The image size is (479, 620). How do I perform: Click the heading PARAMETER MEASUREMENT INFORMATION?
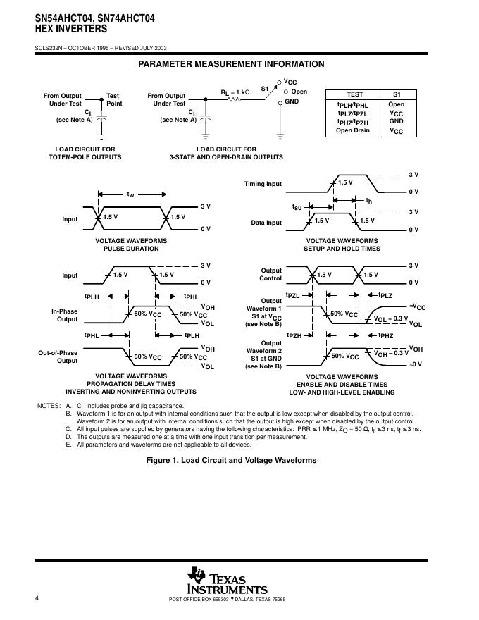click(x=231, y=64)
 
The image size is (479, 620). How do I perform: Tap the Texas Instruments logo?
click(x=227, y=581)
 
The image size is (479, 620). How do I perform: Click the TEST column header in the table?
click(x=356, y=94)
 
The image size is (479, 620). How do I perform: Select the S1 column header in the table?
click(x=396, y=94)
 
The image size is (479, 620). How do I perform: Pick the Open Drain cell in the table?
click(x=353, y=130)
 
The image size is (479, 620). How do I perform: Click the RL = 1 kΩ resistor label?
click(x=235, y=92)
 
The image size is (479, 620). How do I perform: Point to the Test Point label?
click(x=113, y=99)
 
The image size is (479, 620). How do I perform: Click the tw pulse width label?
click(x=131, y=194)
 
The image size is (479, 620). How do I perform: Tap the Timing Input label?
click(x=263, y=184)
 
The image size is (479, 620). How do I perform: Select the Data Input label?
click(x=266, y=223)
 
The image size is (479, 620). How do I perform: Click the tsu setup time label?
click(x=297, y=208)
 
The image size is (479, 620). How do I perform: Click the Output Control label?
click(x=271, y=274)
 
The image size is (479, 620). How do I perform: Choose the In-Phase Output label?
click(x=63, y=315)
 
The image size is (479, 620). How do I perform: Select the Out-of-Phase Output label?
click(x=58, y=356)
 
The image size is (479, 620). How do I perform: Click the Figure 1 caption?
click(x=231, y=460)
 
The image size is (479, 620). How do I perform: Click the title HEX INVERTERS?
click(x=61, y=29)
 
